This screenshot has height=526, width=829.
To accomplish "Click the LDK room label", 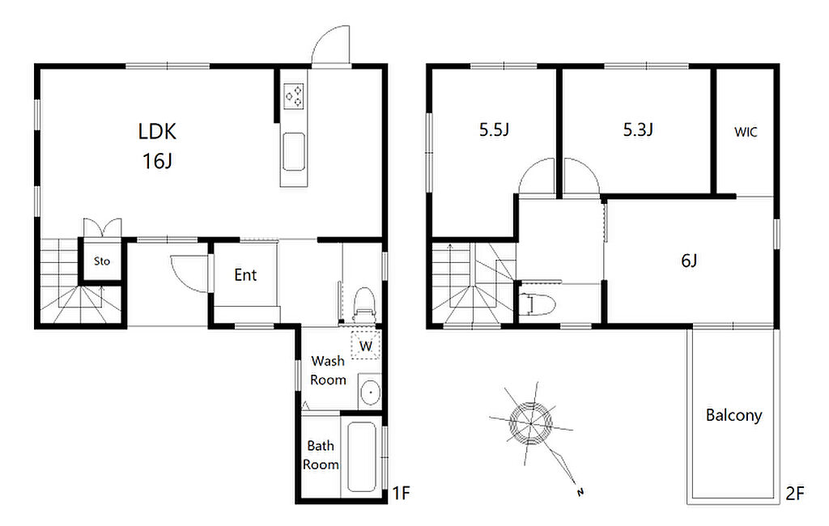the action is pyautogui.click(x=157, y=131).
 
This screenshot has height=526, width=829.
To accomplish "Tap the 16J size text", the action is pyautogui.click(x=157, y=160).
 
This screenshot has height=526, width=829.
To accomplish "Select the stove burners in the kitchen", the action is pyautogui.click(x=294, y=96).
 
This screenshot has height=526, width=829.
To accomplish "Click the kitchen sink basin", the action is pyautogui.click(x=293, y=151).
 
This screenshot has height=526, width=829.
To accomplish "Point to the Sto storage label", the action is pyautogui.click(x=102, y=261).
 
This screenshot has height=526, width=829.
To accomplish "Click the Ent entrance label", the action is pyautogui.click(x=245, y=275).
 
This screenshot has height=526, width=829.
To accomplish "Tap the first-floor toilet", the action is pyautogui.click(x=363, y=305).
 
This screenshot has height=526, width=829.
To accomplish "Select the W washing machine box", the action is pyautogui.click(x=366, y=346).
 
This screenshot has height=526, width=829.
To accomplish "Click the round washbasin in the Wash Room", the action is pyautogui.click(x=369, y=392).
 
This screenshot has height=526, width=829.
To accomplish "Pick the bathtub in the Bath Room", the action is pyautogui.click(x=362, y=457).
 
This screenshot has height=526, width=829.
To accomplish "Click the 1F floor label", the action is pyautogui.click(x=402, y=493).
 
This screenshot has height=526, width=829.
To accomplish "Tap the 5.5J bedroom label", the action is pyautogui.click(x=495, y=129).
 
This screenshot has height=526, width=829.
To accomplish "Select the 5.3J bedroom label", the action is pyautogui.click(x=638, y=129).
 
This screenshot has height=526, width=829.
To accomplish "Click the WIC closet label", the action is pyautogui.click(x=746, y=132).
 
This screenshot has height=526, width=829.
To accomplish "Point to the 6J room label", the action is pyautogui.click(x=689, y=261).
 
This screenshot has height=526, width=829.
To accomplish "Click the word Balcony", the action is pyautogui.click(x=733, y=415).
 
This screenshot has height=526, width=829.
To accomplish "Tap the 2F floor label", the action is pyautogui.click(x=795, y=494).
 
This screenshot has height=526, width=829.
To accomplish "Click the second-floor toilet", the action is pyautogui.click(x=537, y=304).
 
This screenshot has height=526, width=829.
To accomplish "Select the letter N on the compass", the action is pyautogui.click(x=580, y=493).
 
